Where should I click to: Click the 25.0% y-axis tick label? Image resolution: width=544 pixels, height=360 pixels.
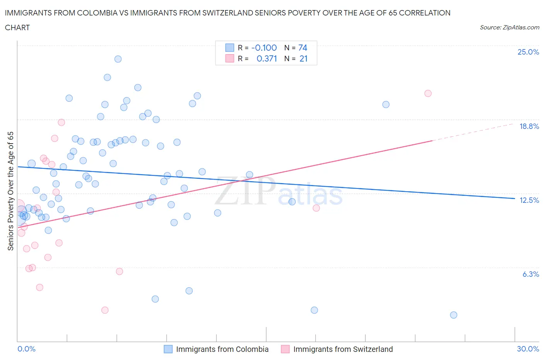tap(528, 52)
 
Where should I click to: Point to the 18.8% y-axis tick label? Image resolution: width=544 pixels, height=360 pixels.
tap(529, 126)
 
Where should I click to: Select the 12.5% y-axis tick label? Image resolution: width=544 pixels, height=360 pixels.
tap(529, 200)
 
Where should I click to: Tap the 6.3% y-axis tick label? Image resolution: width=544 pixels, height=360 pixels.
tap(530, 274)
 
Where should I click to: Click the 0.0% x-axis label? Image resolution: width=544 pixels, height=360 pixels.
tap(26, 349)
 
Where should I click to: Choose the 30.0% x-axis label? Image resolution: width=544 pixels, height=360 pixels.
tap(528, 349)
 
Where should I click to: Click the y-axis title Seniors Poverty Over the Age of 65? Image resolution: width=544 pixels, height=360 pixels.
tap(11, 191)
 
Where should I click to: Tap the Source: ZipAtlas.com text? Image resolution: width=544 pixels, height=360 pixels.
tap(509, 27)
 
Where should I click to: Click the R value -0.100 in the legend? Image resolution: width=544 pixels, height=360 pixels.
tap(264, 48)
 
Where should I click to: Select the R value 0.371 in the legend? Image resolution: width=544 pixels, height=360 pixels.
tap(267, 58)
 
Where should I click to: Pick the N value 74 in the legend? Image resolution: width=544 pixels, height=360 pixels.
tap(303, 48)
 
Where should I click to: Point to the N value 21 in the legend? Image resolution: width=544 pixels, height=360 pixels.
tap(303, 58)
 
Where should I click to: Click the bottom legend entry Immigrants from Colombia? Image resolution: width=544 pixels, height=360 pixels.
tap(222, 349)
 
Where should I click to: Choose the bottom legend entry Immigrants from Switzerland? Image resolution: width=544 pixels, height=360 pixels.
tap(343, 349)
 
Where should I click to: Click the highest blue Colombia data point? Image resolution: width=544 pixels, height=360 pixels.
tap(118, 59)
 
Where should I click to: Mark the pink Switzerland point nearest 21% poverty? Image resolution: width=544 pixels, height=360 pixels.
tap(428, 93)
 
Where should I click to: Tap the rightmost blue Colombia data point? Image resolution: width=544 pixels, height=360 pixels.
tap(454, 315)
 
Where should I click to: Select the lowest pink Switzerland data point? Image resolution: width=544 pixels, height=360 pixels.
tap(105, 310)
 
